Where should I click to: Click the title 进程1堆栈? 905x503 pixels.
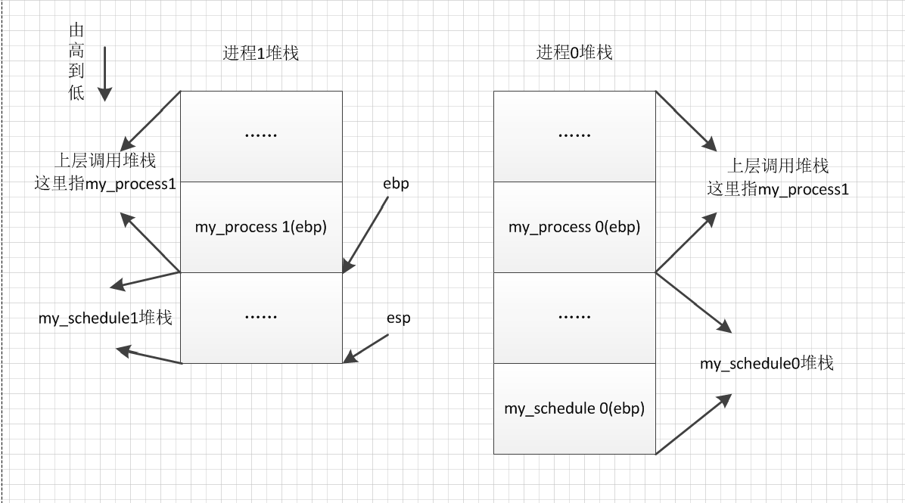point(260,53)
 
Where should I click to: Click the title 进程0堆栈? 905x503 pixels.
point(574,53)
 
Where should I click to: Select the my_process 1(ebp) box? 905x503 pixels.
point(261,227)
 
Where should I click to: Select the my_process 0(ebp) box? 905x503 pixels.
point(574,227)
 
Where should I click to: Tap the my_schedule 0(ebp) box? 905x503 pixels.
point(574,408)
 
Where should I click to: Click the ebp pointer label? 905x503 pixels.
point(396,184)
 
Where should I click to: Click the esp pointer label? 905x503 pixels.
point(398,318)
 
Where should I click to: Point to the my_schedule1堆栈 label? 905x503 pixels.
point(105,318)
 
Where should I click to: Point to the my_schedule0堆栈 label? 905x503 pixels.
point(766,364)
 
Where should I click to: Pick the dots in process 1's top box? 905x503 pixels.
point(261,135)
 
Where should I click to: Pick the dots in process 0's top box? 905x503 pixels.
point(574,135)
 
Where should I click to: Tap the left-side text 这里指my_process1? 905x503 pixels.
point(105,184)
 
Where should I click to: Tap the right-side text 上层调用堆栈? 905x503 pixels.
point(777,166)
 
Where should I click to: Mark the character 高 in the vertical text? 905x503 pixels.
point(76,51)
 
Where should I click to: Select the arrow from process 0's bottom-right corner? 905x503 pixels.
point(692,424)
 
